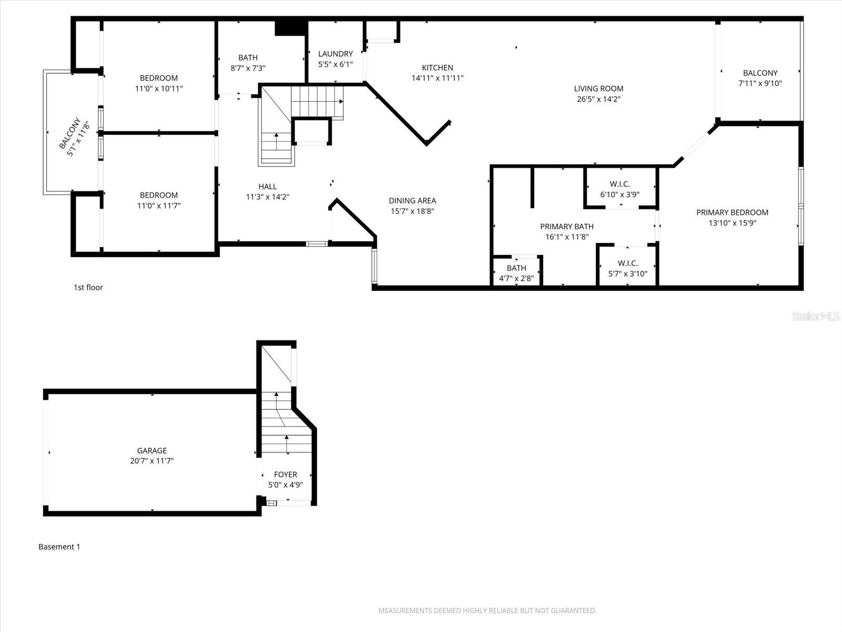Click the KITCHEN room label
click(x=437, y=68)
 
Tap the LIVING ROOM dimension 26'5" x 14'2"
click(x=598, y=99)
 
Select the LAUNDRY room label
click(x=335, y=54)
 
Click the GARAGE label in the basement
click(x=152, y=451)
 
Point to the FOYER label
click(x=285, y=475)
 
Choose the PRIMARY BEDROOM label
click(x=732, y=212)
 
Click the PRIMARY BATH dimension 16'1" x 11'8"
click(x=567, y=237)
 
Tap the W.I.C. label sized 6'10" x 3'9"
click(x=620, y=184)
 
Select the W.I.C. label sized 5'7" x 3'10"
click(x=627, y=263)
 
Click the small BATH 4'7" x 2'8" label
click(x=516, y=268)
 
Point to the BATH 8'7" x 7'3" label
click(x=248, y=57)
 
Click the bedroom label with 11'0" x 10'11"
click(x=158, y=78)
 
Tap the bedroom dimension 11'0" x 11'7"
click(x=158, y=206)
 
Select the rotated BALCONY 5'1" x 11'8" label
click(x=74, y=137)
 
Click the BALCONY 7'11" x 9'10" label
click(x=760, y=73)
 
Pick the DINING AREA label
click(x=412, y=201)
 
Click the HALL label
click(x=267, y=186)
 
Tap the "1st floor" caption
click(x=88, y=288)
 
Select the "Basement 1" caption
click(x=59, y=547)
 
